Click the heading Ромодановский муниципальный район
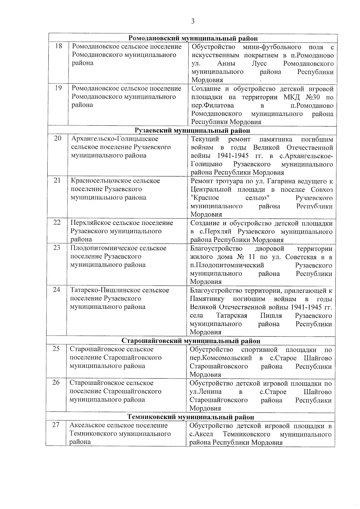(193, 38)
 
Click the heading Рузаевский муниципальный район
(192, 130)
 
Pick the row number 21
(58, 180)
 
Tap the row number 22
(57, 222)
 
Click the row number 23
(57, 247)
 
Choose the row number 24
(57, 289)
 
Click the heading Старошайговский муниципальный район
(191, 341)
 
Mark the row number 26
(56, 382)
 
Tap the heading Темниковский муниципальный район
(191, 417)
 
